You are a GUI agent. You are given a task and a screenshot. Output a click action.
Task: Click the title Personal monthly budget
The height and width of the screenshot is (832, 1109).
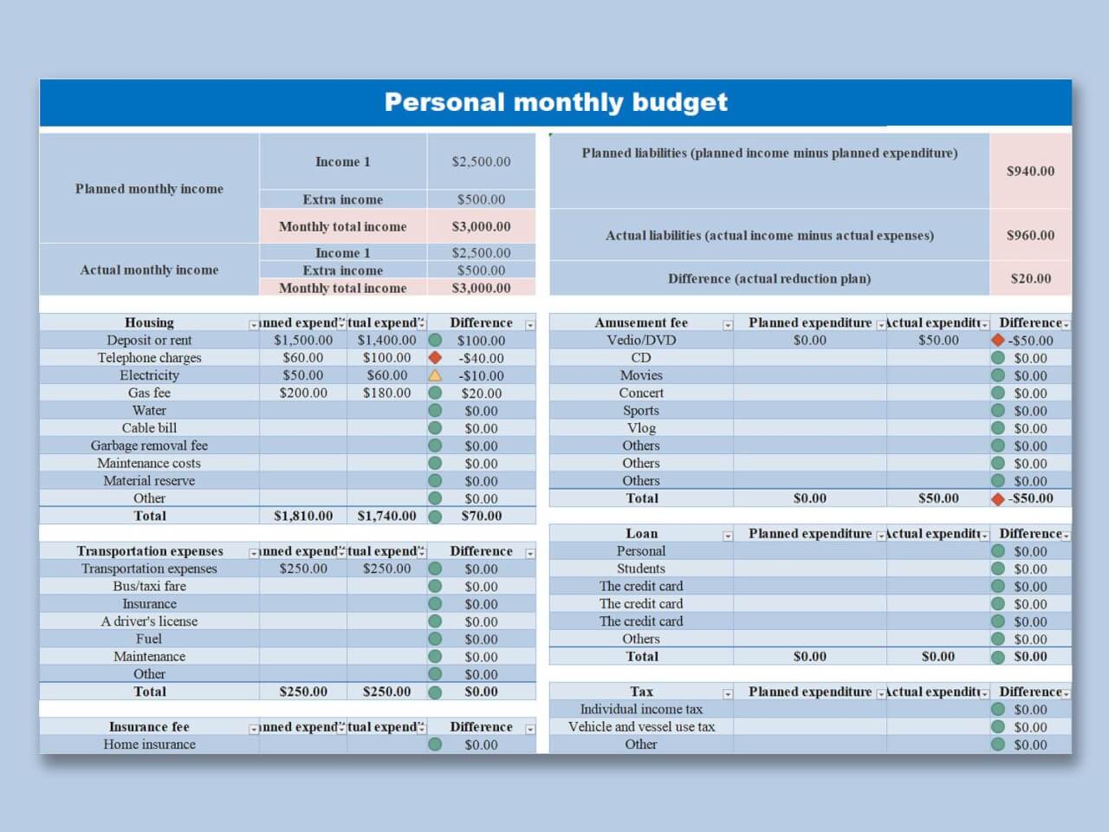point(555,102)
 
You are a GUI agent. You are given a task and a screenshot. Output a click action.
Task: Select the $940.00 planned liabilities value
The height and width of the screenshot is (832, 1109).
point(1030,171)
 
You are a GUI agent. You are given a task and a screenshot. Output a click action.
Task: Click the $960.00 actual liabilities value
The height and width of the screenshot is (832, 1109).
point(1030,235)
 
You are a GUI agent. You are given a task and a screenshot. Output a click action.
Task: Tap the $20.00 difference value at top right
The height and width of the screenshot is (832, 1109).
point(1030,278)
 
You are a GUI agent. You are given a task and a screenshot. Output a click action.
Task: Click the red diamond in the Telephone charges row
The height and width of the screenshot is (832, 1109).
point(435,357)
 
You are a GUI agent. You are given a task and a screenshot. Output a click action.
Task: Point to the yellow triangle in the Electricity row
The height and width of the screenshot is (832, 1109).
point(435,375)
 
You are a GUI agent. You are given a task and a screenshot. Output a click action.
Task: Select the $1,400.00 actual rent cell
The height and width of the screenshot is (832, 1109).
point(386,340)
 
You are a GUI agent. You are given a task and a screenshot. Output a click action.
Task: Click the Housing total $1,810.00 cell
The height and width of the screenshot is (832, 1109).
point(303,516)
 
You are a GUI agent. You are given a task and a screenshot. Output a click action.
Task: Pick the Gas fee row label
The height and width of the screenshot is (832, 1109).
point(149,393)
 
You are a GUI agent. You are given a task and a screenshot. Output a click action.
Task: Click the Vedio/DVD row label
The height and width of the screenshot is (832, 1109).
point(641,340)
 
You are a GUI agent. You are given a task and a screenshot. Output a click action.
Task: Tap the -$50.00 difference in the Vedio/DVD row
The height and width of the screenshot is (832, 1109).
point(1030,341)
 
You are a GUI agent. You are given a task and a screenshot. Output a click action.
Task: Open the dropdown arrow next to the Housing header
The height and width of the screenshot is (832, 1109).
point(253,325)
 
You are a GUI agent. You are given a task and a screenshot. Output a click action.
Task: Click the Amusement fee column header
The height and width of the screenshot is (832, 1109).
point(641,322)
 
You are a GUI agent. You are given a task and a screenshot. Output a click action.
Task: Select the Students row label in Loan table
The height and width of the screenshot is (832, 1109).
point(641,569)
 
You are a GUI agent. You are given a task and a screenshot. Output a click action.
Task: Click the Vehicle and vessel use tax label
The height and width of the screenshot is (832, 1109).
point(641,726)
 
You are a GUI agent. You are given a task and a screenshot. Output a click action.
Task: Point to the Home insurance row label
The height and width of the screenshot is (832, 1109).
point(149,744)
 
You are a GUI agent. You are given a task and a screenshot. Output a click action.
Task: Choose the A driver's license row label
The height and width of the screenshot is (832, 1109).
point(149,621)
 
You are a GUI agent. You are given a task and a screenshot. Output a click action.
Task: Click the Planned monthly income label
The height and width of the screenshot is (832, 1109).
point(149,188)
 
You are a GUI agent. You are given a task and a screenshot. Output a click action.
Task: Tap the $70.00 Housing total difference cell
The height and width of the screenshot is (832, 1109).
point(481,516)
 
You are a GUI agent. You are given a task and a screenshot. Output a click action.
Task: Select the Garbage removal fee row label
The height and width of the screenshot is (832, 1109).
point(149,445)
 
